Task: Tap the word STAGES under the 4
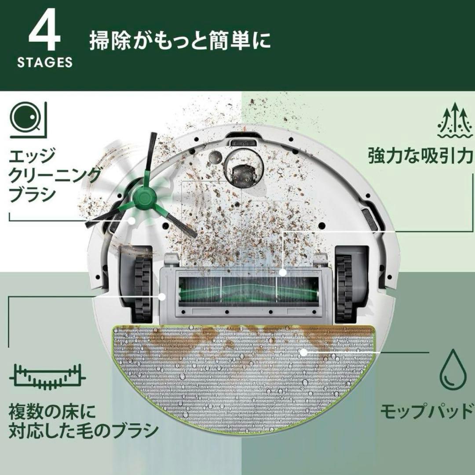(x=45, y=62)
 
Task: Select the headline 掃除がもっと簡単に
(x=180, y=41)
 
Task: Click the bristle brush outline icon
(x=47, y=377)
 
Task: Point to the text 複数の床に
(x=52, y=411)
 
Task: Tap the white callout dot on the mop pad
(x=303, y=352)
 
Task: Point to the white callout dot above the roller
(x=283, y=272)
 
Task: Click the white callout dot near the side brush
(x=131, y=220)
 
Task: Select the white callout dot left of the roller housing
(x=162, y=296)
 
